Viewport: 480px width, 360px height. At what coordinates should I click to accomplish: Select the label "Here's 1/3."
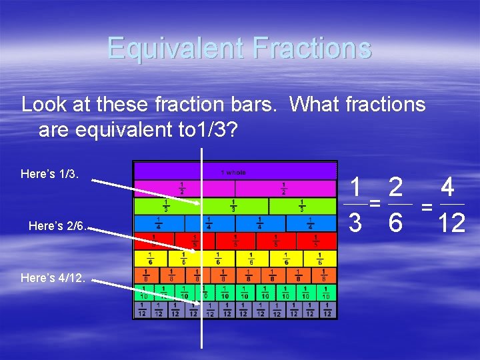(50, 175)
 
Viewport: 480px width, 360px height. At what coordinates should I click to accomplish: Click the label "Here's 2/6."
(56, 226)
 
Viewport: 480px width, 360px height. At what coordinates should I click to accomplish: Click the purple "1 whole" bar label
(233, 173)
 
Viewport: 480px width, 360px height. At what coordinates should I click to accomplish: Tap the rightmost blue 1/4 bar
(311, 223)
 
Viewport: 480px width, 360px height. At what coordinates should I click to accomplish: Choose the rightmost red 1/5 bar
(317, 240)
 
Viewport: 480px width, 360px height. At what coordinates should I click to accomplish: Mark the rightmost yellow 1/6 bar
(320, 258)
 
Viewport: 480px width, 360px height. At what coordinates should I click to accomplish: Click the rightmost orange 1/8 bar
(324, 275)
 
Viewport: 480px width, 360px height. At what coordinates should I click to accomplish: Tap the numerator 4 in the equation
(448, 187)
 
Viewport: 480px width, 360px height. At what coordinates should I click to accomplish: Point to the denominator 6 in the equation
(395, 223)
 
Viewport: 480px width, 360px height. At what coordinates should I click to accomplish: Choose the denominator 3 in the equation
(356, 223)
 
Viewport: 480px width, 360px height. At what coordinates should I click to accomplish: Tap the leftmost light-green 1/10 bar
(143, 292)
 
